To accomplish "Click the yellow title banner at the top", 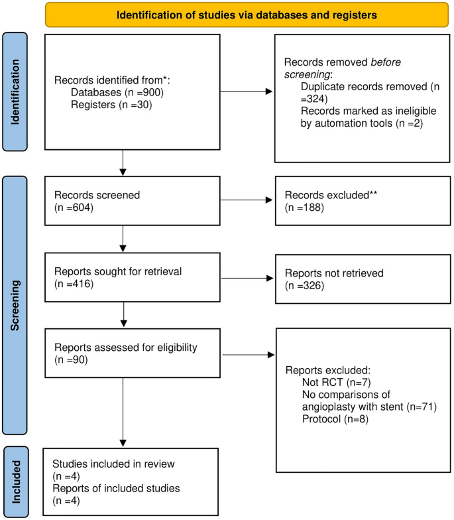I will coord(243,14).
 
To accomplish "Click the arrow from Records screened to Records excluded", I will coord(246,200).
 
